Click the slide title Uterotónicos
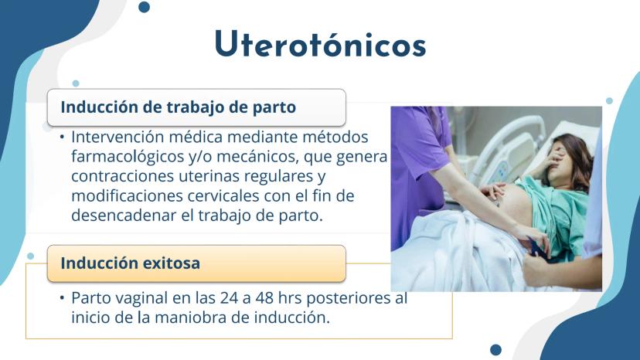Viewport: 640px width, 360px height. (321, 44)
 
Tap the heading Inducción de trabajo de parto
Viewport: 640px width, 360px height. (179, 107)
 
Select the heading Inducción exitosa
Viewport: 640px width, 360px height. (130, 263)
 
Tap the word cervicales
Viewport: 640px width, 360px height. (223, 195)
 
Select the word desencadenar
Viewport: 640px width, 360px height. (124, 215)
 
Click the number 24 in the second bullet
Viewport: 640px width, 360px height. (229, 298)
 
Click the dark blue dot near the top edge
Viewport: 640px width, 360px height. (144, 7)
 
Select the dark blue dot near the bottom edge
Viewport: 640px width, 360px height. (495, 350)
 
